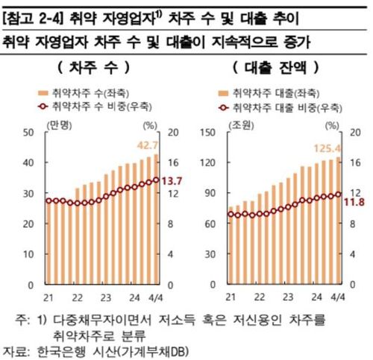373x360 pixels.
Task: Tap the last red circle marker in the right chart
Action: coord(339,195)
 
